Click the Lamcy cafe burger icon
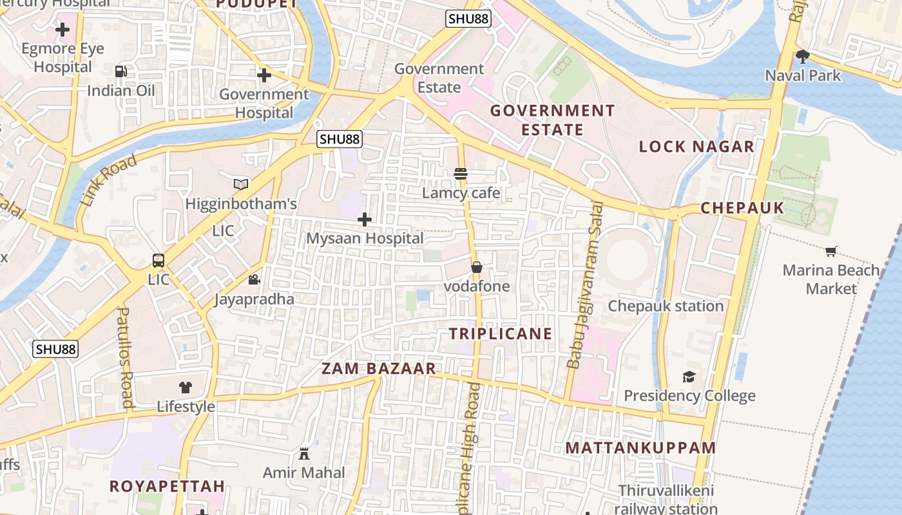pos(460,174)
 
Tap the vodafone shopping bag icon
pos(477,267)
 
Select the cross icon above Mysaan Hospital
pos(365,220)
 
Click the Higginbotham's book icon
pos(241,185)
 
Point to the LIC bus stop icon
pos(158,261)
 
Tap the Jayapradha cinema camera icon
pos(254,280)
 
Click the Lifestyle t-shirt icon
pos(186,388)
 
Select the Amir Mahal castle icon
pos(304,453)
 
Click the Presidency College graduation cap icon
pos(689,377)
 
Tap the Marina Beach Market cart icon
pos(831,251)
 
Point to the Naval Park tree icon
pos(803,57)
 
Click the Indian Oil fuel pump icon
pos(121,71)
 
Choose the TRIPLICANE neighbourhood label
pos(501,333)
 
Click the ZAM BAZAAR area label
pos(379,369)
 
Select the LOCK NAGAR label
pos(696,147)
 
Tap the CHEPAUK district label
pos(742,208)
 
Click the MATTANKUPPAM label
pos(640,448)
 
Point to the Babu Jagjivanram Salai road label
pos(584,285)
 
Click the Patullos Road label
pos(125,358)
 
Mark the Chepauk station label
pos(666,306)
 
